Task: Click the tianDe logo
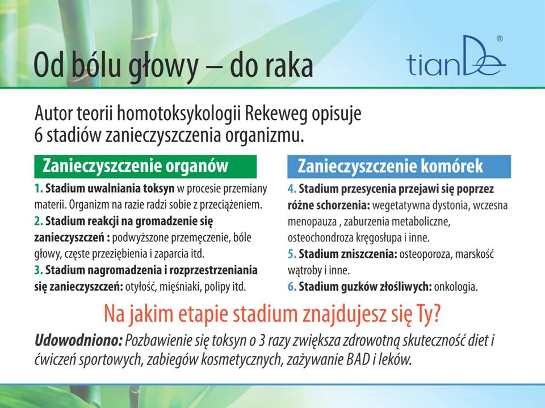coord(455,57)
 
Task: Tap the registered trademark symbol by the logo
coord(500,39)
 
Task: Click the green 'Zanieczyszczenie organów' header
coord(145,166)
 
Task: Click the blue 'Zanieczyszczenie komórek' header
coord(399,166)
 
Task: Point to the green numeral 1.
coord(39,189)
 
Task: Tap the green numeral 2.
coord(39,221)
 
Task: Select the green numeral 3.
coord(39,270)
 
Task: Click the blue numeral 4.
coord(292,189)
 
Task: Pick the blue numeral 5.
coord(292,254)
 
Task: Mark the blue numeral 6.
coord(292,287)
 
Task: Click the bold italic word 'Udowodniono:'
coord(78,341)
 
